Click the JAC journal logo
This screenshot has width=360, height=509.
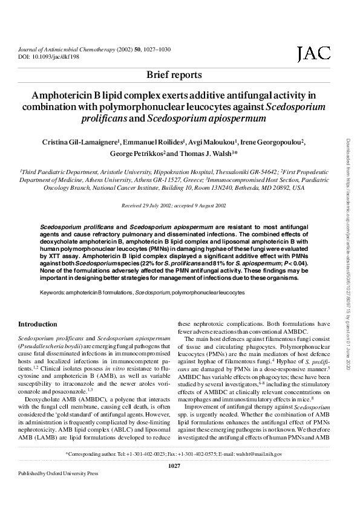tap(313, 55)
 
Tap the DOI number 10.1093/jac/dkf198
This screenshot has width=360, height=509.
tap(61, 56)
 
